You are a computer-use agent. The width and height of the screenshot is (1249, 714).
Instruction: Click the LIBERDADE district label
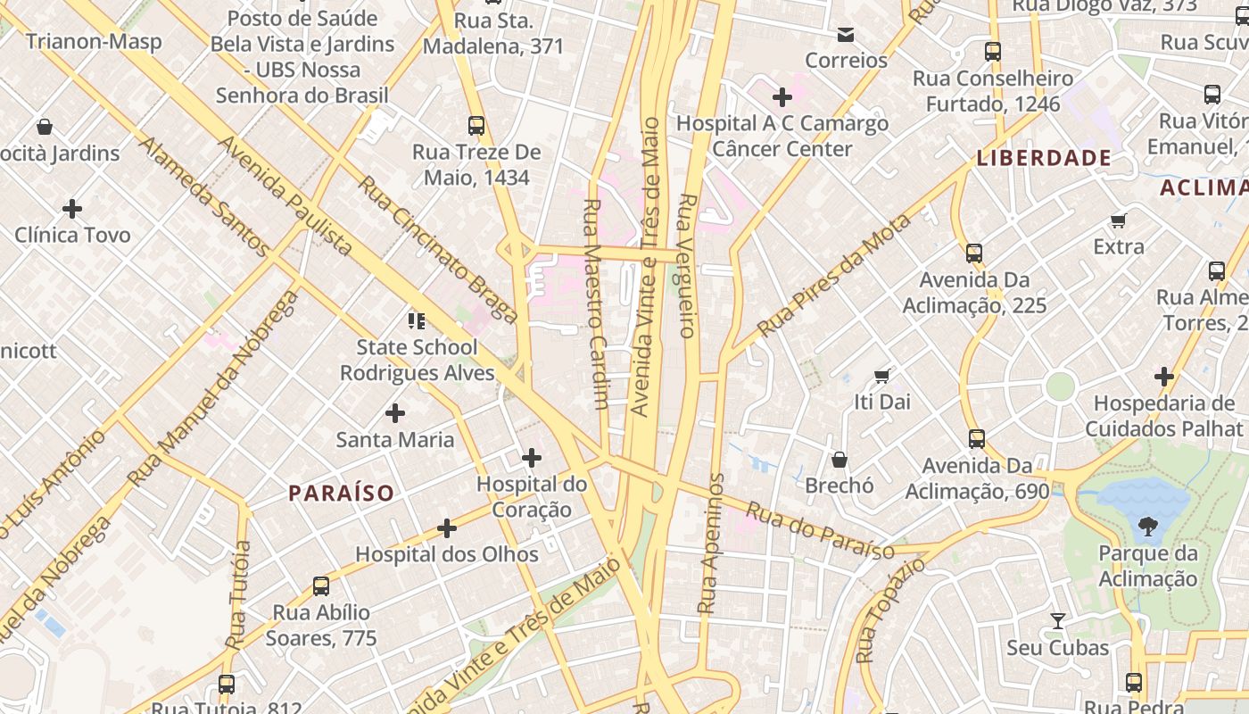(1044, 159)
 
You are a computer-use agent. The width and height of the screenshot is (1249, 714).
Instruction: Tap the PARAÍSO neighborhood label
(341, 493)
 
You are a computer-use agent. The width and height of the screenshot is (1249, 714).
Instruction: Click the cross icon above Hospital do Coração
(532, 458)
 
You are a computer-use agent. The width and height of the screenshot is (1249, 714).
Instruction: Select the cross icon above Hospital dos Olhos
(447, 528)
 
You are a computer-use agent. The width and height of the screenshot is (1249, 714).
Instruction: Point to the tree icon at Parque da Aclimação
(1147, 527)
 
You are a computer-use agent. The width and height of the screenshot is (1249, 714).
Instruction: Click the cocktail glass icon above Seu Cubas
(1058, 620)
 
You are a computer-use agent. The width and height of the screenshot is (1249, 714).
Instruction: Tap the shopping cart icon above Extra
(1119, 220)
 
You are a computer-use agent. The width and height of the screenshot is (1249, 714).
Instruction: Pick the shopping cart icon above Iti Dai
(882, 376)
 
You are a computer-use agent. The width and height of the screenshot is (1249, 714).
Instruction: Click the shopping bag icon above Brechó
(840, 460)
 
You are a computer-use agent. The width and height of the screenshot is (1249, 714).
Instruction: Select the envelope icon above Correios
(846, 35)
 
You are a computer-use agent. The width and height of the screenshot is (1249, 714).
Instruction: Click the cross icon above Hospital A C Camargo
(782, 96)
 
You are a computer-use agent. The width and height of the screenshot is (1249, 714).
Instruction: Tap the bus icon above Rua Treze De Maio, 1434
(476, 126)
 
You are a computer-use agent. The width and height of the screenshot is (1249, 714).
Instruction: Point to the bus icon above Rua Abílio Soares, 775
(321, 586)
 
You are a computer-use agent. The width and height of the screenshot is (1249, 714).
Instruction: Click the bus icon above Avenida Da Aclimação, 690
(977, 439)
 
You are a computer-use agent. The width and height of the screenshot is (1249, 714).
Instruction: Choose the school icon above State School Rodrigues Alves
(417, 320)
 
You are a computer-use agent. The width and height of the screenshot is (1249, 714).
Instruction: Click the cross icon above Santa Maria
(395, 413)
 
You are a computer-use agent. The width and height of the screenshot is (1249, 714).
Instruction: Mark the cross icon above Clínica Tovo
(72, 209)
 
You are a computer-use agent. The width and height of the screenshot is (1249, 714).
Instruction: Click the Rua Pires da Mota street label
(833, 276)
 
